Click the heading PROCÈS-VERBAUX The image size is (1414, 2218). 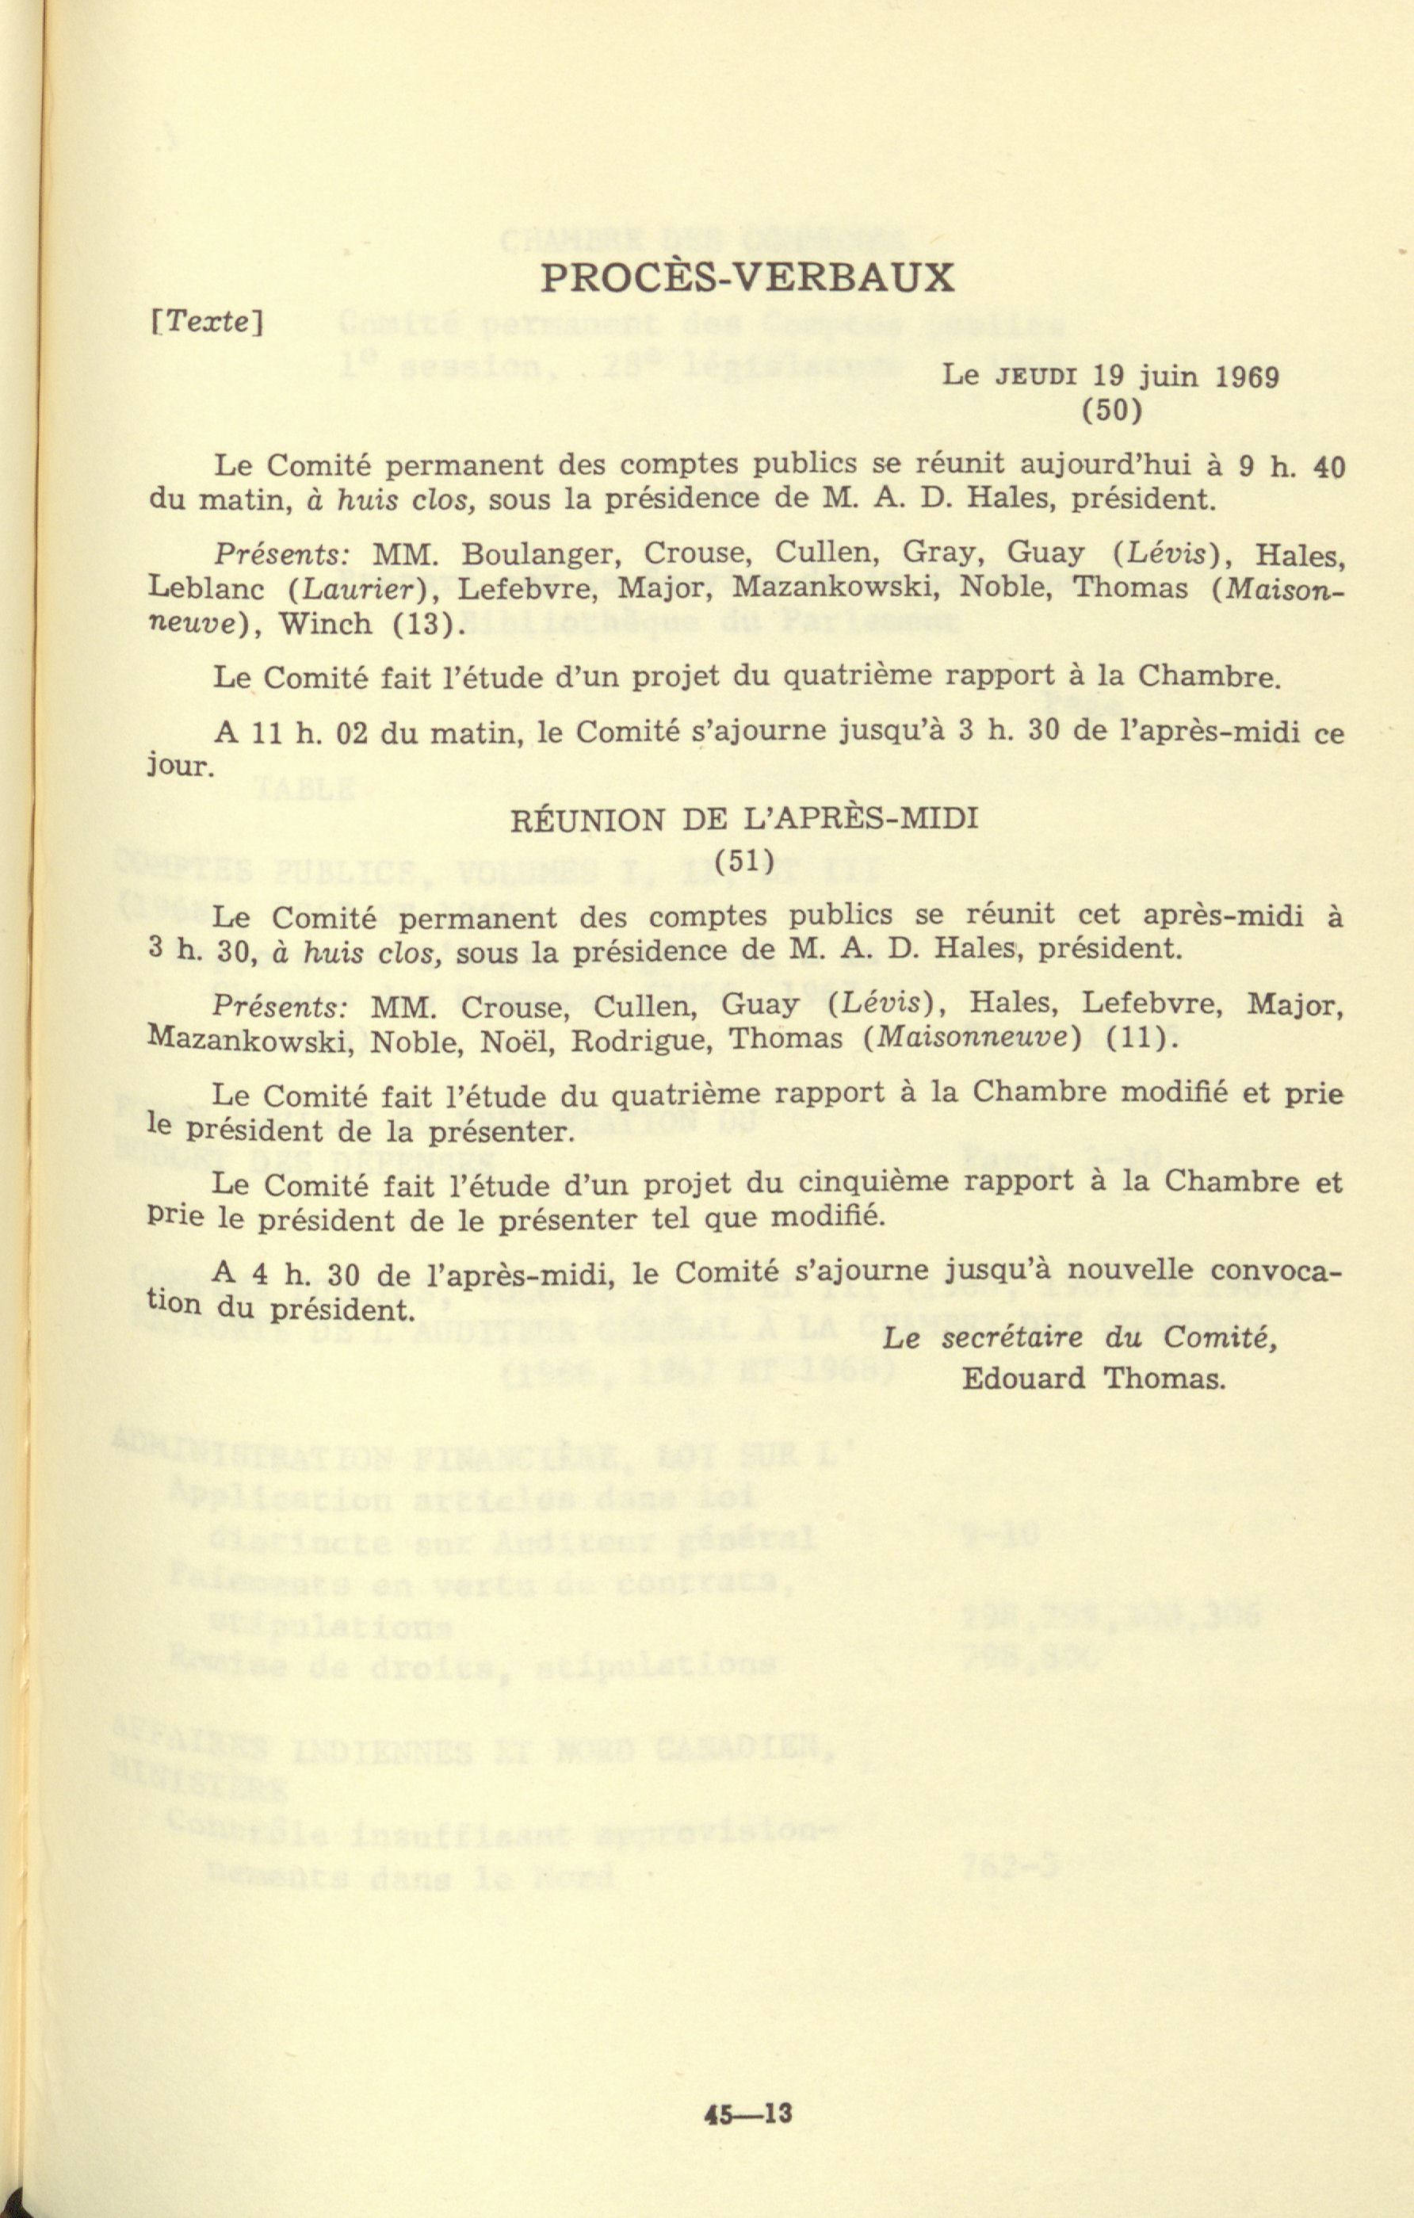[x=746, y=277]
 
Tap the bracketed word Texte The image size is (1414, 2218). [x=208, y=322]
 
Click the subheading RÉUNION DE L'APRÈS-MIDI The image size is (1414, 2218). [x=744, y=819]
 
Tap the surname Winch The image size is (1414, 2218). [x=326, y=625]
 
